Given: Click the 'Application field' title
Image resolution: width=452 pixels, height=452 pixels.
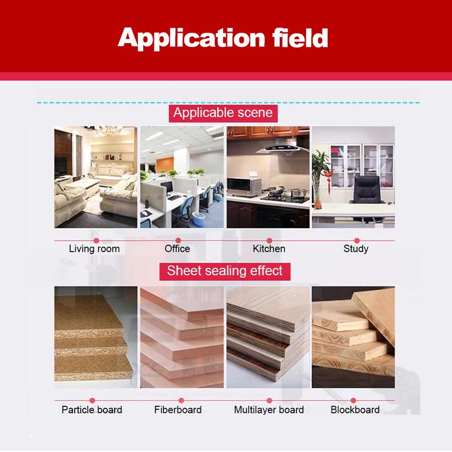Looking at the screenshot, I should point(223,37).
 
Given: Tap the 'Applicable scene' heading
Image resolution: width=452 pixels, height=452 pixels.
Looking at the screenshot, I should point(223,112).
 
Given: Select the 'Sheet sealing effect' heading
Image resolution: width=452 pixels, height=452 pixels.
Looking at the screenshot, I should point(224,271).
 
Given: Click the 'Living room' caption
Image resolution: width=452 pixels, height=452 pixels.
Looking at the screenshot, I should point(94,249).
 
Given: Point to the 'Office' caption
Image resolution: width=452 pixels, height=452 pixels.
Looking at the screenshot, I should point(177,249).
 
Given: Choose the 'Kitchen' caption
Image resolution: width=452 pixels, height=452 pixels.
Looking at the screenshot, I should point(269,249).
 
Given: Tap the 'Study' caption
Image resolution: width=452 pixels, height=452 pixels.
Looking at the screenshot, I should point(356,249).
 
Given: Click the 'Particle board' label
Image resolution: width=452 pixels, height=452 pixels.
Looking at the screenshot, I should point(92,410).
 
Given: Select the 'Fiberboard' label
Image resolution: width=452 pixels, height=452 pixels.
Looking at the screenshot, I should point(178,410).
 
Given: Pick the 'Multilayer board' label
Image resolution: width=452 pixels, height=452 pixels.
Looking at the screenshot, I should point(269,410).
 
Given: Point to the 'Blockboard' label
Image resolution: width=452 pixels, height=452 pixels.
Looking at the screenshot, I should point(355,410).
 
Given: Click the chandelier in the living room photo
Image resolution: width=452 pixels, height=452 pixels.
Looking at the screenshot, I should point(108,131).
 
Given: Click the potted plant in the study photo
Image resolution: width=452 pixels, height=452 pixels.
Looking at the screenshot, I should point(320,169).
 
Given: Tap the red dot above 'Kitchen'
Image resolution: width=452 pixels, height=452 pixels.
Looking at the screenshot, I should point(270,241).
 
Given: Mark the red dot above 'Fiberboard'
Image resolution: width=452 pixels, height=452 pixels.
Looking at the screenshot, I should point(179,401).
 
